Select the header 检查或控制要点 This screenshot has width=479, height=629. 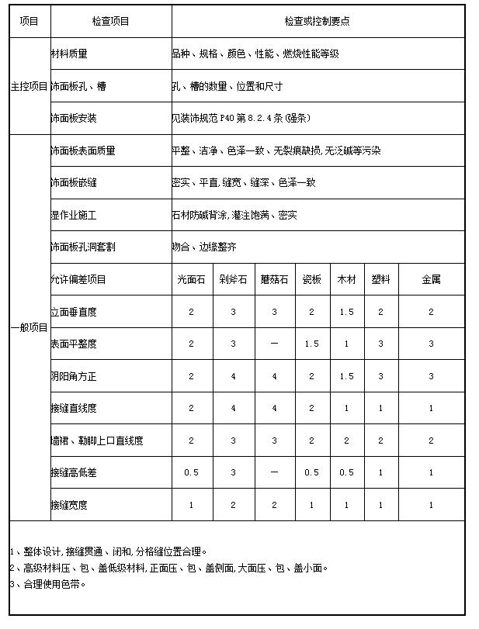coord(317,22)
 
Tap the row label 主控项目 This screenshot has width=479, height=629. coord(29,86)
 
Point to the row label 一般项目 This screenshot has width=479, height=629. coord(29,327)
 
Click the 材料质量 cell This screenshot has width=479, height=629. coord(69,54)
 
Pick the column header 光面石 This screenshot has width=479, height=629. coord(191,279)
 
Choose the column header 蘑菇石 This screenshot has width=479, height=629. coord(273,279)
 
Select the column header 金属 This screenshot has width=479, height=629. coord(431,279)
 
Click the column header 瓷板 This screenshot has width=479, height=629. coord(311,279)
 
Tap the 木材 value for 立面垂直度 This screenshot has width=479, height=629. coord(346,312)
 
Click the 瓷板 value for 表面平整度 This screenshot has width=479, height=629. coord(311,344)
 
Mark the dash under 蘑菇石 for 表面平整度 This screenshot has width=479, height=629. coord(273,344)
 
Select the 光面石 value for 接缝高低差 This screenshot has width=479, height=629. coord(191,472)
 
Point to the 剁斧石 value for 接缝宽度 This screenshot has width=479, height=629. coord(233,505)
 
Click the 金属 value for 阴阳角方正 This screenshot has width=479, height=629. coord(431,376)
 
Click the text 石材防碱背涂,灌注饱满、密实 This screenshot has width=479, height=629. coord(234,215)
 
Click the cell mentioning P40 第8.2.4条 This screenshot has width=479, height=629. coord(233,119)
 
